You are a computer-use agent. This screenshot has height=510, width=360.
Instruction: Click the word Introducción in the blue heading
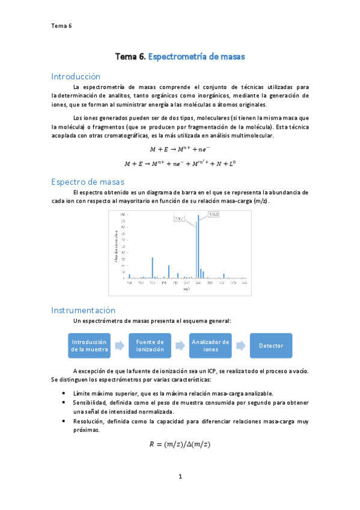[x=76, y=76]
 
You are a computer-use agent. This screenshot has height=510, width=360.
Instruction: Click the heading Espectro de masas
[x=88, y=181]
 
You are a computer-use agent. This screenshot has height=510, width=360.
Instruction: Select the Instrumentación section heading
[x=83, y=310]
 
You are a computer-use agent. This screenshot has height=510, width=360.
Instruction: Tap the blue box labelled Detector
[x=271, y=346]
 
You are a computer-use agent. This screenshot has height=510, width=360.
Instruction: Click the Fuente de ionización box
[x=150, y=346]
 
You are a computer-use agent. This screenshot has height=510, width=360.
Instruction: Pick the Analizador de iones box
[x=210, y=346]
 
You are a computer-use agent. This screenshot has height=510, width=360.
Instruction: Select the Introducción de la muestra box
[x=90, y=346]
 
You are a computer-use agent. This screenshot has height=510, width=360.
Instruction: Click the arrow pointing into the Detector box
[x=240, y=346]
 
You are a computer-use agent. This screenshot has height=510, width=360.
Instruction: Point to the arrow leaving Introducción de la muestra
[x=120, y=346]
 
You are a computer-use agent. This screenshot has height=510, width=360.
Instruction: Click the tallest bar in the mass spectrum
[x=198, y=247]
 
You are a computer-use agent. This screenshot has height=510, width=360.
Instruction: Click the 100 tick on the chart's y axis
[x=122, y=215]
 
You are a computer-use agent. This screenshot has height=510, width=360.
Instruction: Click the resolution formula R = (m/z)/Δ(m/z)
[x=180, y=445]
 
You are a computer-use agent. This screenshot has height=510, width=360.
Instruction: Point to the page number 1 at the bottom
[x=180, y=477]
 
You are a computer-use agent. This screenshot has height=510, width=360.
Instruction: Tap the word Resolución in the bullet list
[x=88, y=422]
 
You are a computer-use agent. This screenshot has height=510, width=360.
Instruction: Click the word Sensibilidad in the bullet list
[x=90, y=402]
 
